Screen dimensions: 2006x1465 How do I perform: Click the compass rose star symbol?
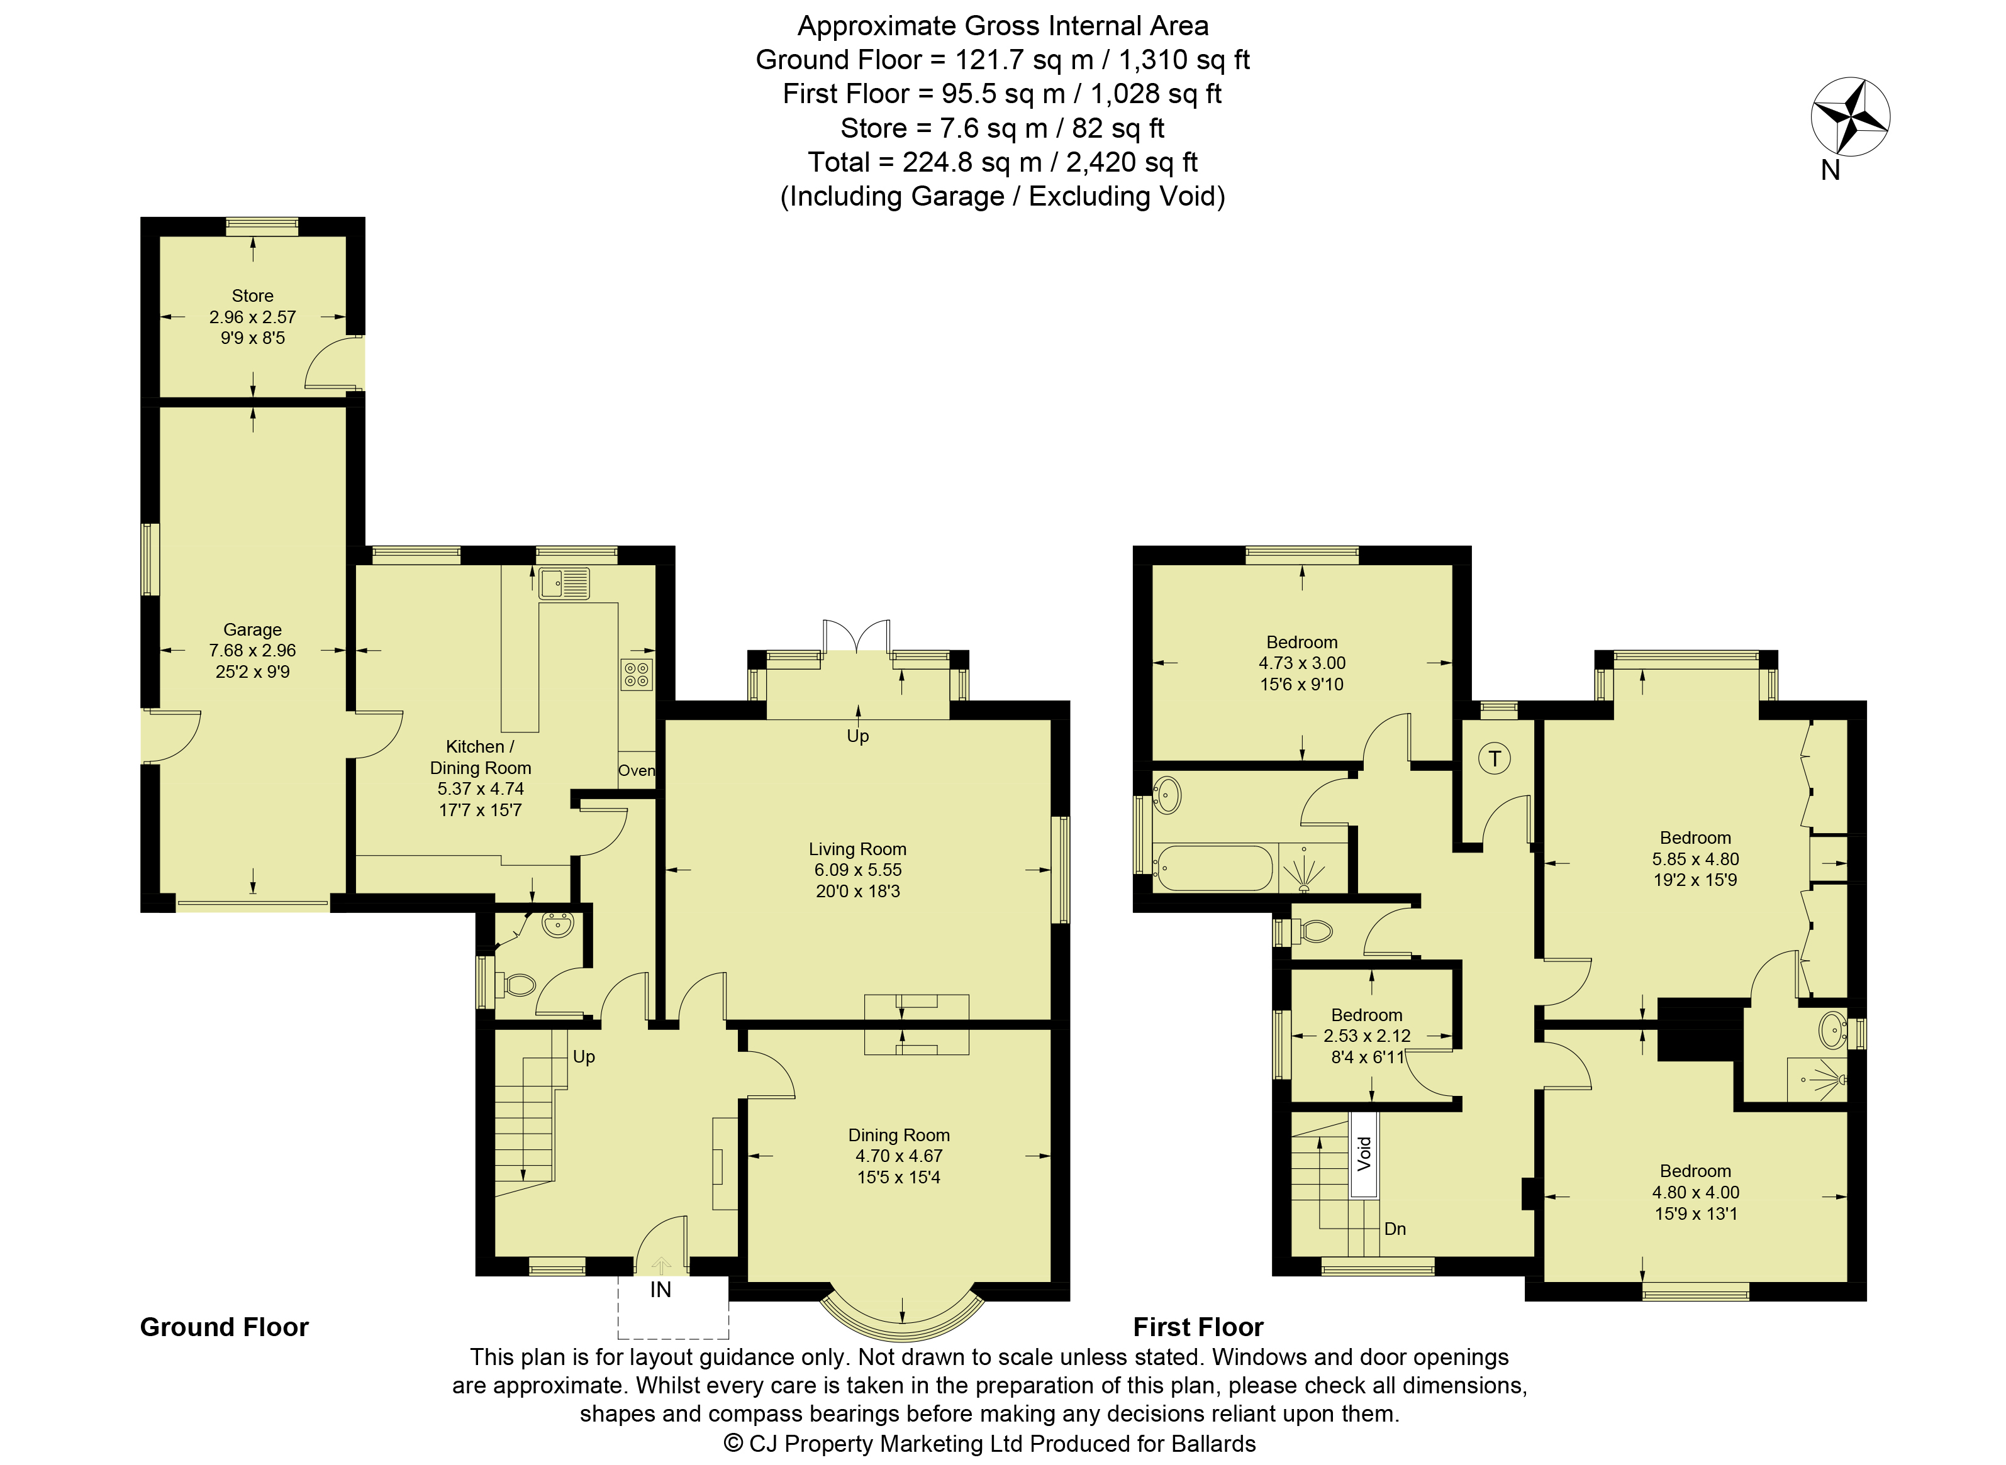tap(1850, 116)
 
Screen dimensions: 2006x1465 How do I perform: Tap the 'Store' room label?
tap(253, 296)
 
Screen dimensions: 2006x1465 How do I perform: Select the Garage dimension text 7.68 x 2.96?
tap(253, 650)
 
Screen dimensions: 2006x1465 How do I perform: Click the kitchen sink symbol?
tap(564, 583)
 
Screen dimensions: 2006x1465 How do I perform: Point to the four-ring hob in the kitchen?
tap(636, 675)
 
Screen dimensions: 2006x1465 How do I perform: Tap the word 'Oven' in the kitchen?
tap(636, 771)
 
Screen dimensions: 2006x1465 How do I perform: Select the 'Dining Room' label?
tap(899, 1135)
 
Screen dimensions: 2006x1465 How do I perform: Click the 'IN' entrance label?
tap(661, 1290)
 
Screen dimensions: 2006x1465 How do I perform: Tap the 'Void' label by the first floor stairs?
tap(1364, 1154)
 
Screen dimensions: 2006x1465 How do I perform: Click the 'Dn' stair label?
tap(1396, 1228)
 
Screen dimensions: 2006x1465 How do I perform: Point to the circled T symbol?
tap(1495, 758)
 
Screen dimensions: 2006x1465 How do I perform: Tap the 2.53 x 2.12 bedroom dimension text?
tap(1366, 1035)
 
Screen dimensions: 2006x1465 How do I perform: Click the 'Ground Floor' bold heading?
tap(225, 1327)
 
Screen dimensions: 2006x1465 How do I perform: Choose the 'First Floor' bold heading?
tap(1199, 1327)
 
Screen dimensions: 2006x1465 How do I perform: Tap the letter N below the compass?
tap(1830, 170)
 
